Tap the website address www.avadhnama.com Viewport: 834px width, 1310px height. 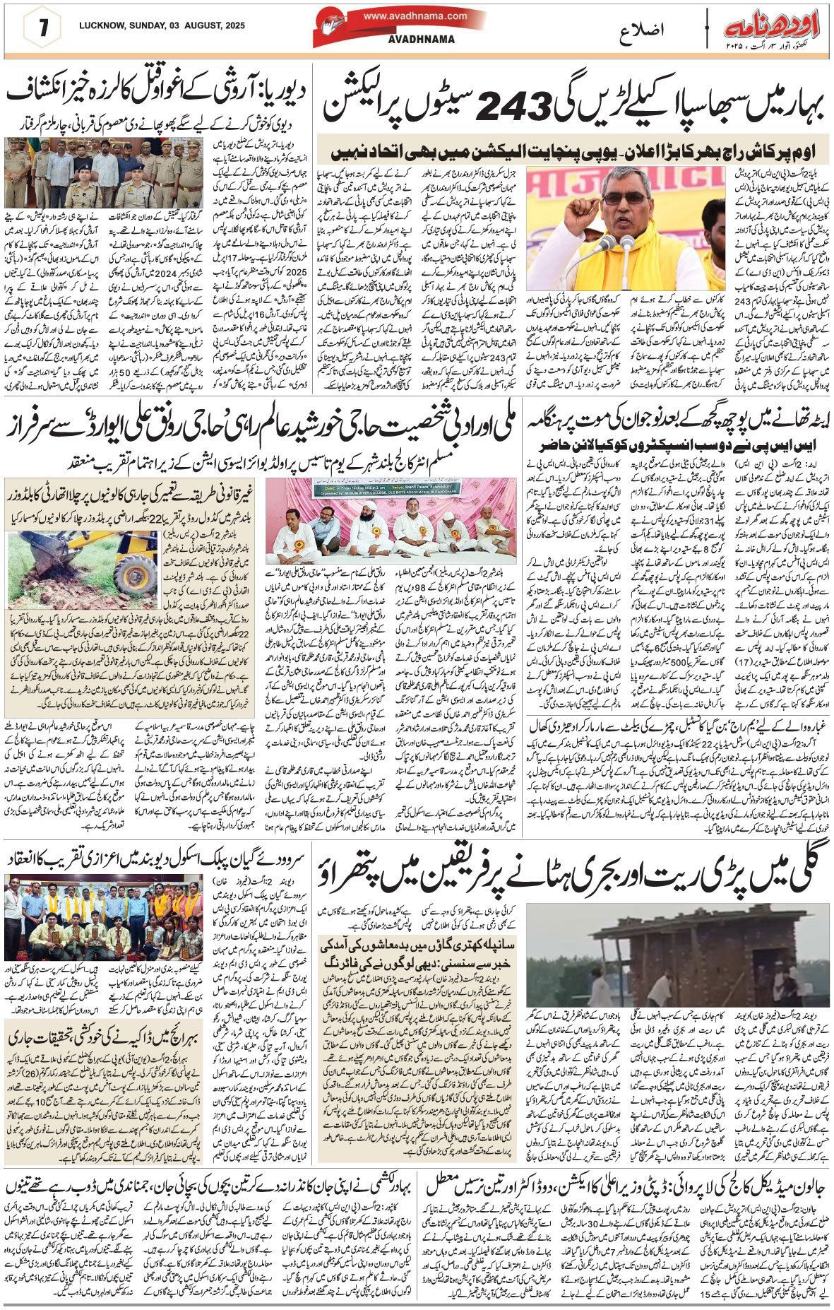pos(415,16)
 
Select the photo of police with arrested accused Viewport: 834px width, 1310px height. pos(106,172)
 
